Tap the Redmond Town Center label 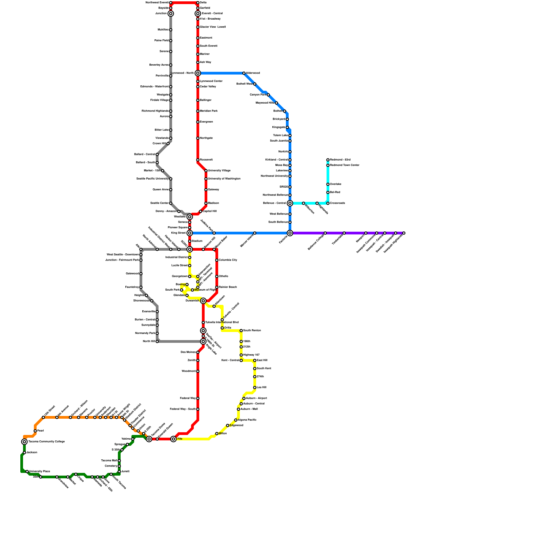(345, 165)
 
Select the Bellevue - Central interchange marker (290, 203)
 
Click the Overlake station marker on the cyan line (328, 184)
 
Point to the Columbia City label (228, 260)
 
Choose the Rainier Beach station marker (217, 287)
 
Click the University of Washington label (224, 179)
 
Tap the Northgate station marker (198, 138)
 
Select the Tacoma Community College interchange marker (24, 442)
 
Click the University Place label (39, 472)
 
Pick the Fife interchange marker (173, 439)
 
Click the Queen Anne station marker (171, 190)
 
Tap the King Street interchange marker (190, 233)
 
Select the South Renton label (252, 331)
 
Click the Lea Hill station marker (255, 388)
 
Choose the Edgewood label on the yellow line (236, 425)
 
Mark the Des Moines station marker (198, 352)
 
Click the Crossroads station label (337, 203)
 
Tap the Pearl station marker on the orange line (35, 431)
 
